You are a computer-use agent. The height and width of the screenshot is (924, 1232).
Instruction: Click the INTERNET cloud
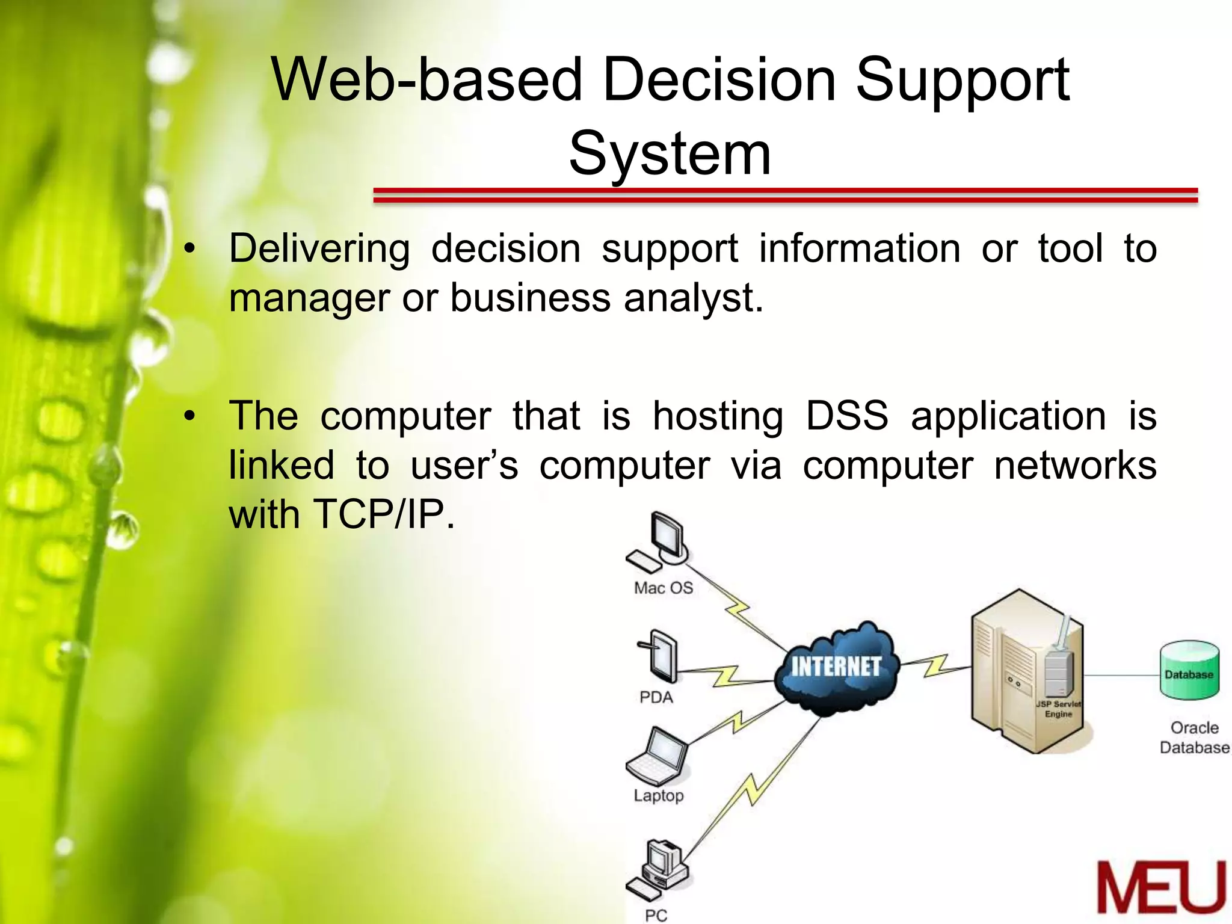pos(836,668)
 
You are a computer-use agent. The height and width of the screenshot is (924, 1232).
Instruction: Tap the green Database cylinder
pos(1189,670)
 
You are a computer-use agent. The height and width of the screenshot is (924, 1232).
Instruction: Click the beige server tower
pos(1023,671)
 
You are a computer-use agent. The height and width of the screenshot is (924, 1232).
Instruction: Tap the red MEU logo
pos(1161,888)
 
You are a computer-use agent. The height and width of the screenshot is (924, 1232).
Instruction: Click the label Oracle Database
pos(1195,738)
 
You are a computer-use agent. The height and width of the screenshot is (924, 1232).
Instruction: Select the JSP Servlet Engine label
pos(1058,709)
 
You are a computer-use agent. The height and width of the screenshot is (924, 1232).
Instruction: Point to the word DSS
pos(846,416)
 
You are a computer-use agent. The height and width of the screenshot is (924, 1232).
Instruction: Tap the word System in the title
pos(670,154)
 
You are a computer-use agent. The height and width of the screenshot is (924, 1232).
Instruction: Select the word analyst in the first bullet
pos(692,298)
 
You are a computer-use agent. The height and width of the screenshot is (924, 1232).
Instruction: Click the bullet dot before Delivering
pos(190,249)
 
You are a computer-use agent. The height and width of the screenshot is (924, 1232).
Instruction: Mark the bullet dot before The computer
pos(190,416)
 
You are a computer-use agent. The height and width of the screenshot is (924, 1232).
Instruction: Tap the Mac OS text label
pos(663,588)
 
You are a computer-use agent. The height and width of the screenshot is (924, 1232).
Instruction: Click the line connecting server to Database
pos(1121,675)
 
